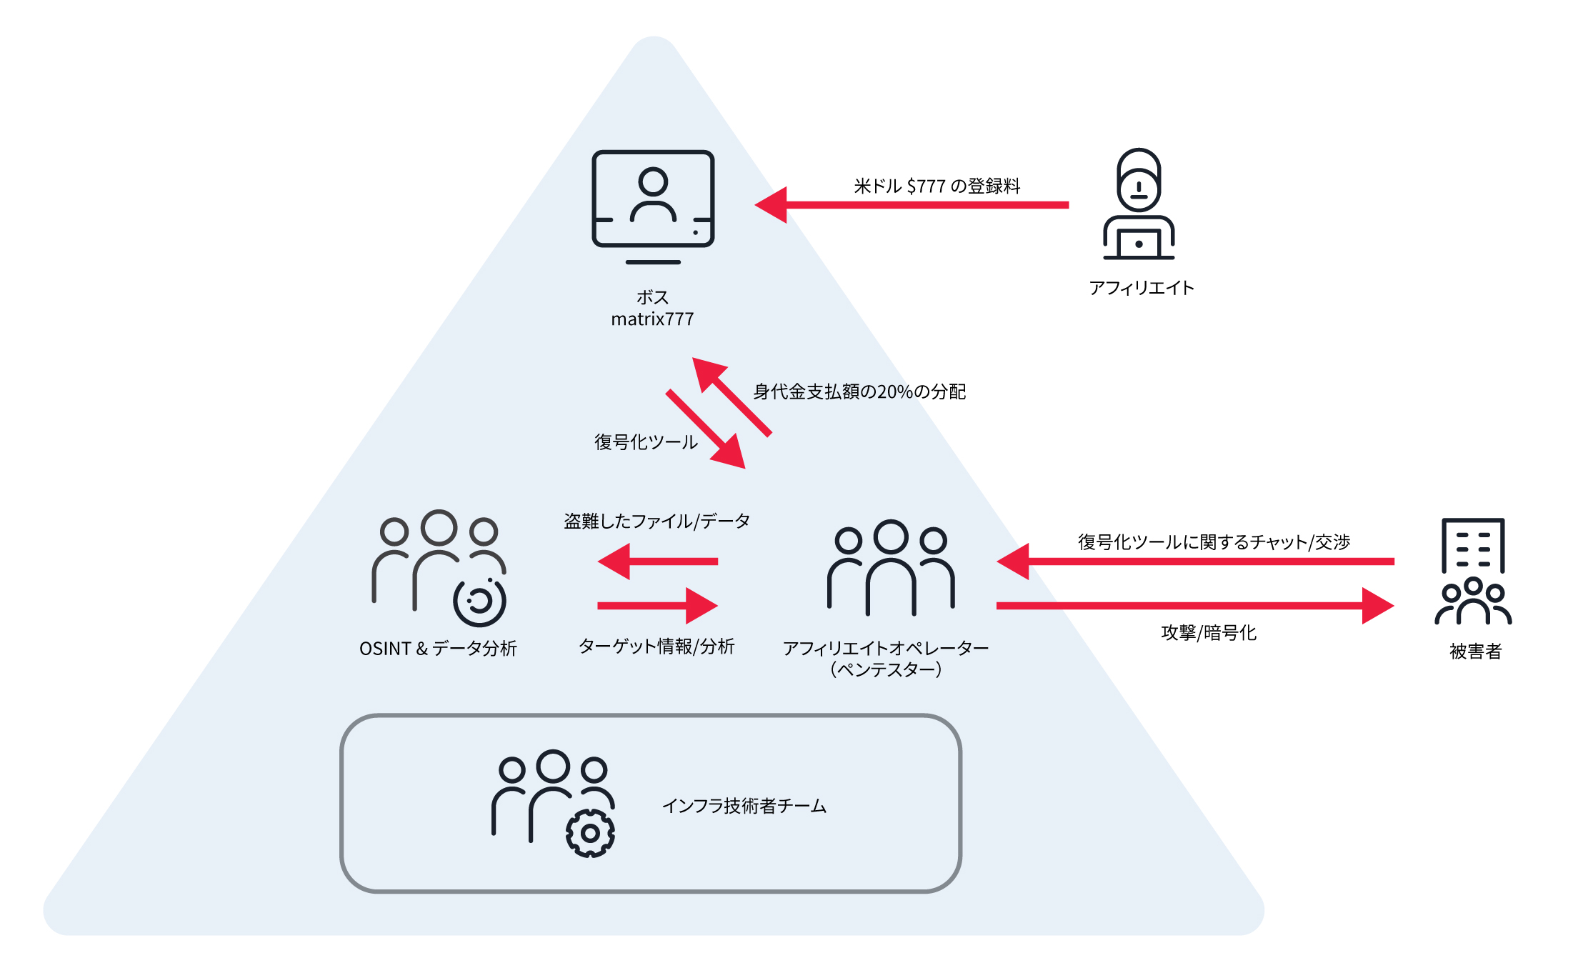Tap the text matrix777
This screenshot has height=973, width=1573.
(x=652, y=319)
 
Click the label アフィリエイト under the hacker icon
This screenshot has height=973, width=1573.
(x=1141, y=288)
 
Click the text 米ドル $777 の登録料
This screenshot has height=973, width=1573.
(x=937, y=186)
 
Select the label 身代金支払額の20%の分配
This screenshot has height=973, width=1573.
(x=859, y=391)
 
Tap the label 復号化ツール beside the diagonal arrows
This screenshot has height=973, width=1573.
(x=646, y=442)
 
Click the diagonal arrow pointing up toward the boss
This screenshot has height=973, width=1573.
(x=733, y=397)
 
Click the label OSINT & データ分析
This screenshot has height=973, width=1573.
(x=438, y=649)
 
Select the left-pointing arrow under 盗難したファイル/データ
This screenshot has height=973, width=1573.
(x=658, y=562)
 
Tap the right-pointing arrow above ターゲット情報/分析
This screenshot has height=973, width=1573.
(x=658, y=606)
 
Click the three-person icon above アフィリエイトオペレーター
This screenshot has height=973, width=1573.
(x=891, y=567)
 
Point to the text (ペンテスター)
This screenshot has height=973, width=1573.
(x=886, y=669)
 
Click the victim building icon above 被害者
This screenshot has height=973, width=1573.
(x=1473, y=572)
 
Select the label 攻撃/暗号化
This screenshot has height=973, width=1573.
(x=1209, y=633)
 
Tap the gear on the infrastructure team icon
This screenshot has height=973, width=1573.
(x=590, y=833)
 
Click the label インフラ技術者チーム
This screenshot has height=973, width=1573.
(x=744, y=806)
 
